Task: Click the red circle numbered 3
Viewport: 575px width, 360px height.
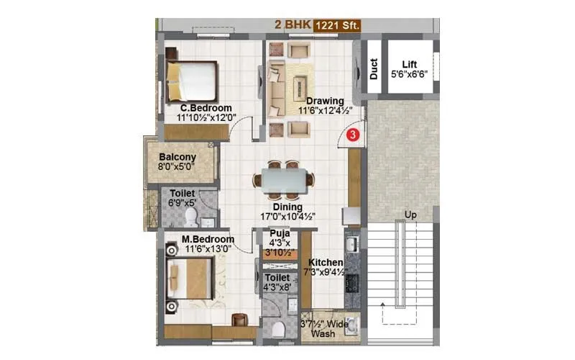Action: [x=352, y=134]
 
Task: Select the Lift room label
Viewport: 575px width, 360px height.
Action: [x=410, y=63]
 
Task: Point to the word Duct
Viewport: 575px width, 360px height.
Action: [x=374, y=68]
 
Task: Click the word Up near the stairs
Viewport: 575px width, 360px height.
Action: [x=411, y=215]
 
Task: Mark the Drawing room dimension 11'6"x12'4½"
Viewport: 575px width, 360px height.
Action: [x=325, y=111]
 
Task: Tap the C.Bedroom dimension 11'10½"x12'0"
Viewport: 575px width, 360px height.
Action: [x=206, y=118]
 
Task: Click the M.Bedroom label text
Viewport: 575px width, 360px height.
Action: [x=208, y=239]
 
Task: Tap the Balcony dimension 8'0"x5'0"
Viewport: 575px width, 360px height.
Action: [x=178, y=167]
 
